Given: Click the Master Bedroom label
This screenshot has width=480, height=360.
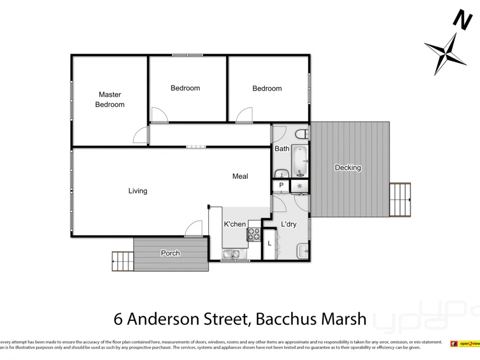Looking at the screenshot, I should pos(110,99).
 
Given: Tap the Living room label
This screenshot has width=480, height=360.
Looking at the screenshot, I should pos(138,191).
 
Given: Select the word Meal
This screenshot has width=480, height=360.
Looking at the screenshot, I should pos(240,177).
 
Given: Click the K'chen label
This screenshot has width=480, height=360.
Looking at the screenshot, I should pos(235,224).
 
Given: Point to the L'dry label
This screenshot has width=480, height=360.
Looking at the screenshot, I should pos(288,224).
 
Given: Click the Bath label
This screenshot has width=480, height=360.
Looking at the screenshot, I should pos(282,149).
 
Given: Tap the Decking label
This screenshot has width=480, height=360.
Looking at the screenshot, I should pos(348,168).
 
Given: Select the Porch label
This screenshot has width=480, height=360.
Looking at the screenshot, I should pos(170,253).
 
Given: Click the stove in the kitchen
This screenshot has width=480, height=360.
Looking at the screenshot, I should pos(253,234).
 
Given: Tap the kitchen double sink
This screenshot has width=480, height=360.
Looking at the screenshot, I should pos(234,254).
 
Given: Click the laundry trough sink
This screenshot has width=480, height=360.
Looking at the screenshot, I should pos(303,251).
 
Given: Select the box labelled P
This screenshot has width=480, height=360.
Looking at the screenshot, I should pos(281,185).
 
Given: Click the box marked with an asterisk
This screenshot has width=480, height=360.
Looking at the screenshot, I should pos(300,186).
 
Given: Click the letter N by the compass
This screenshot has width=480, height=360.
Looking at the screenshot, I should pos(462,20).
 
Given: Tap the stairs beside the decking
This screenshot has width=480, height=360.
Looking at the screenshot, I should pos(400,200).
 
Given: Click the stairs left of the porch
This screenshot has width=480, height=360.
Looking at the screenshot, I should pos(122,261).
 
